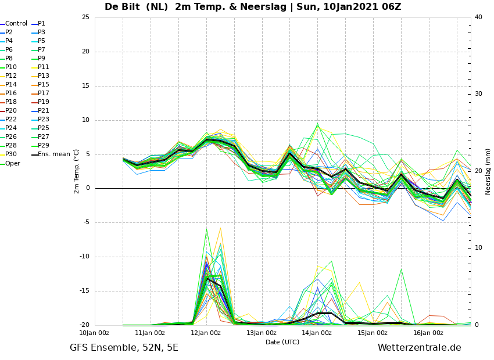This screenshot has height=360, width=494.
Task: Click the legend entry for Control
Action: pyautogui.click(x=14, y=24)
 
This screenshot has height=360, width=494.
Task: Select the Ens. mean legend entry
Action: pyautogui.click(x=51, y=154)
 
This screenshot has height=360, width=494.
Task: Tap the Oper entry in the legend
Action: pyautogui.click(x=10, y=163)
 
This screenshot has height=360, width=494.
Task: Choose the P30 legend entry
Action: pyautogui.click(x=9, y=154)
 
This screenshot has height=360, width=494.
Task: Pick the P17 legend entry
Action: pyautogui.click(x=40, y=93)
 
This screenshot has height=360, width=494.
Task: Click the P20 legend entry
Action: pyautogui.click(x=9, y=110)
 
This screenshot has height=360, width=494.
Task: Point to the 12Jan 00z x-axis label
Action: pyautogui.click(x=206, y=333)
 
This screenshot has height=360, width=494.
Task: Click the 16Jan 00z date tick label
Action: pyautogui.click(x=428, y=333)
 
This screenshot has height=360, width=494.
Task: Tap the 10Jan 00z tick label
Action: pyautogui.click(x=94, y=333)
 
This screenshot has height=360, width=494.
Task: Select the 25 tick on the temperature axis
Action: pyautogui.click(x=85, y=17)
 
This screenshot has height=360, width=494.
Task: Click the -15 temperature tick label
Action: pyautogui.click(x=84, y=291)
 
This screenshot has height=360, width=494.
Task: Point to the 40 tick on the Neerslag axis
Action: pyautogui.click(x=478, y=17)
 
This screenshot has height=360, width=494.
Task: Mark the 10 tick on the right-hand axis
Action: pyautogui.click(x=478, y=248)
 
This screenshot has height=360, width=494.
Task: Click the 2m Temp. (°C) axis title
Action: pyautogui.click(x=76, y=171)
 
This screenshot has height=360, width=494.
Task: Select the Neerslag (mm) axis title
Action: pyautogui.click(x=488, y=172)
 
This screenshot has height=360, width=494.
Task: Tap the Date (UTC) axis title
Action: pyautogui.click(x=282, y=342)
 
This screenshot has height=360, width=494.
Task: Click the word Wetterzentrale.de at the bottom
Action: pyautogui.click(x=420, y=348)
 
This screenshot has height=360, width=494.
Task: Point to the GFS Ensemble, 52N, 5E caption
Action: pyautogui.click(x=124, y=348)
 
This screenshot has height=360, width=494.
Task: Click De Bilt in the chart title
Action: pyautogui.click(x=122, y=6)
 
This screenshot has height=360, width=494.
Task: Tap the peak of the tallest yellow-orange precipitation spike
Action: pyautogui.click(x=220, y=228)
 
